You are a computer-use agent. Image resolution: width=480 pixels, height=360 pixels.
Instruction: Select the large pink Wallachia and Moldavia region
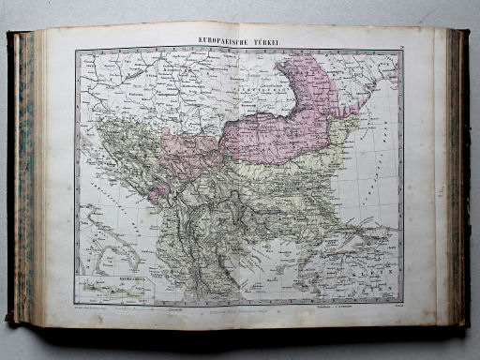[281, 131]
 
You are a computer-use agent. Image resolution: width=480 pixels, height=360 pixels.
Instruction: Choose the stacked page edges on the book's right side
[457, 178]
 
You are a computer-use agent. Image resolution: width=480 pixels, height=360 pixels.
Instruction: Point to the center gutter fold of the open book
[240, 178]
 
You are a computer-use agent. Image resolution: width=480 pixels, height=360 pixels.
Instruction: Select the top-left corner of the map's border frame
[77, 50]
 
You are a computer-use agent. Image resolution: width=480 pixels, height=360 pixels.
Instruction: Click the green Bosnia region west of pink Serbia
[141, 150]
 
